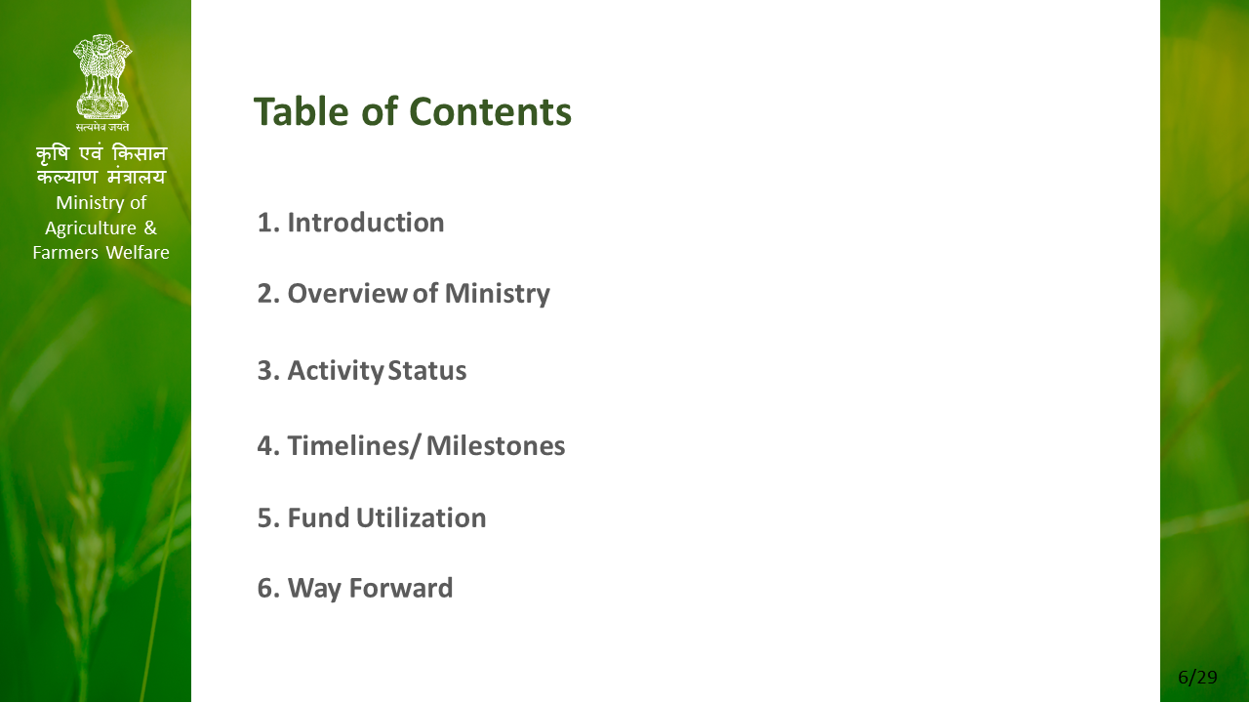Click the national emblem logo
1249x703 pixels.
click(102, 77)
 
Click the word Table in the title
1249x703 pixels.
click(302, 111)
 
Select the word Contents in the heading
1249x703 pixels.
click(490, 111)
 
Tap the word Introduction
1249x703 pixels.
click(366, 223)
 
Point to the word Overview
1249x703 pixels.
click(346, 294)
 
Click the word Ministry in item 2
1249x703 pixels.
click(498, 294)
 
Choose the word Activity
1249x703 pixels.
click(336, 371)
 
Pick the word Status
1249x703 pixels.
click(427, 370)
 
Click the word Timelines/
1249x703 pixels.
click(352, 446)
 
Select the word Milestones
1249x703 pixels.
click(496, 446)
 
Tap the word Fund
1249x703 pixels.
click(318, 517)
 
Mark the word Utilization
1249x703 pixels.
click(421, 517)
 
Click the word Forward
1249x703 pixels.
click(401, 588)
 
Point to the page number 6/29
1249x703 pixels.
click(1197, 678)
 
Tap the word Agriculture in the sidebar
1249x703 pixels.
click(91, 228)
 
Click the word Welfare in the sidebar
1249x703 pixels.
click(138, 253)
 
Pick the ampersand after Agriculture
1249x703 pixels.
click(150, 227)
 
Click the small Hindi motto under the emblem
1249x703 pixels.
click(102, 127)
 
